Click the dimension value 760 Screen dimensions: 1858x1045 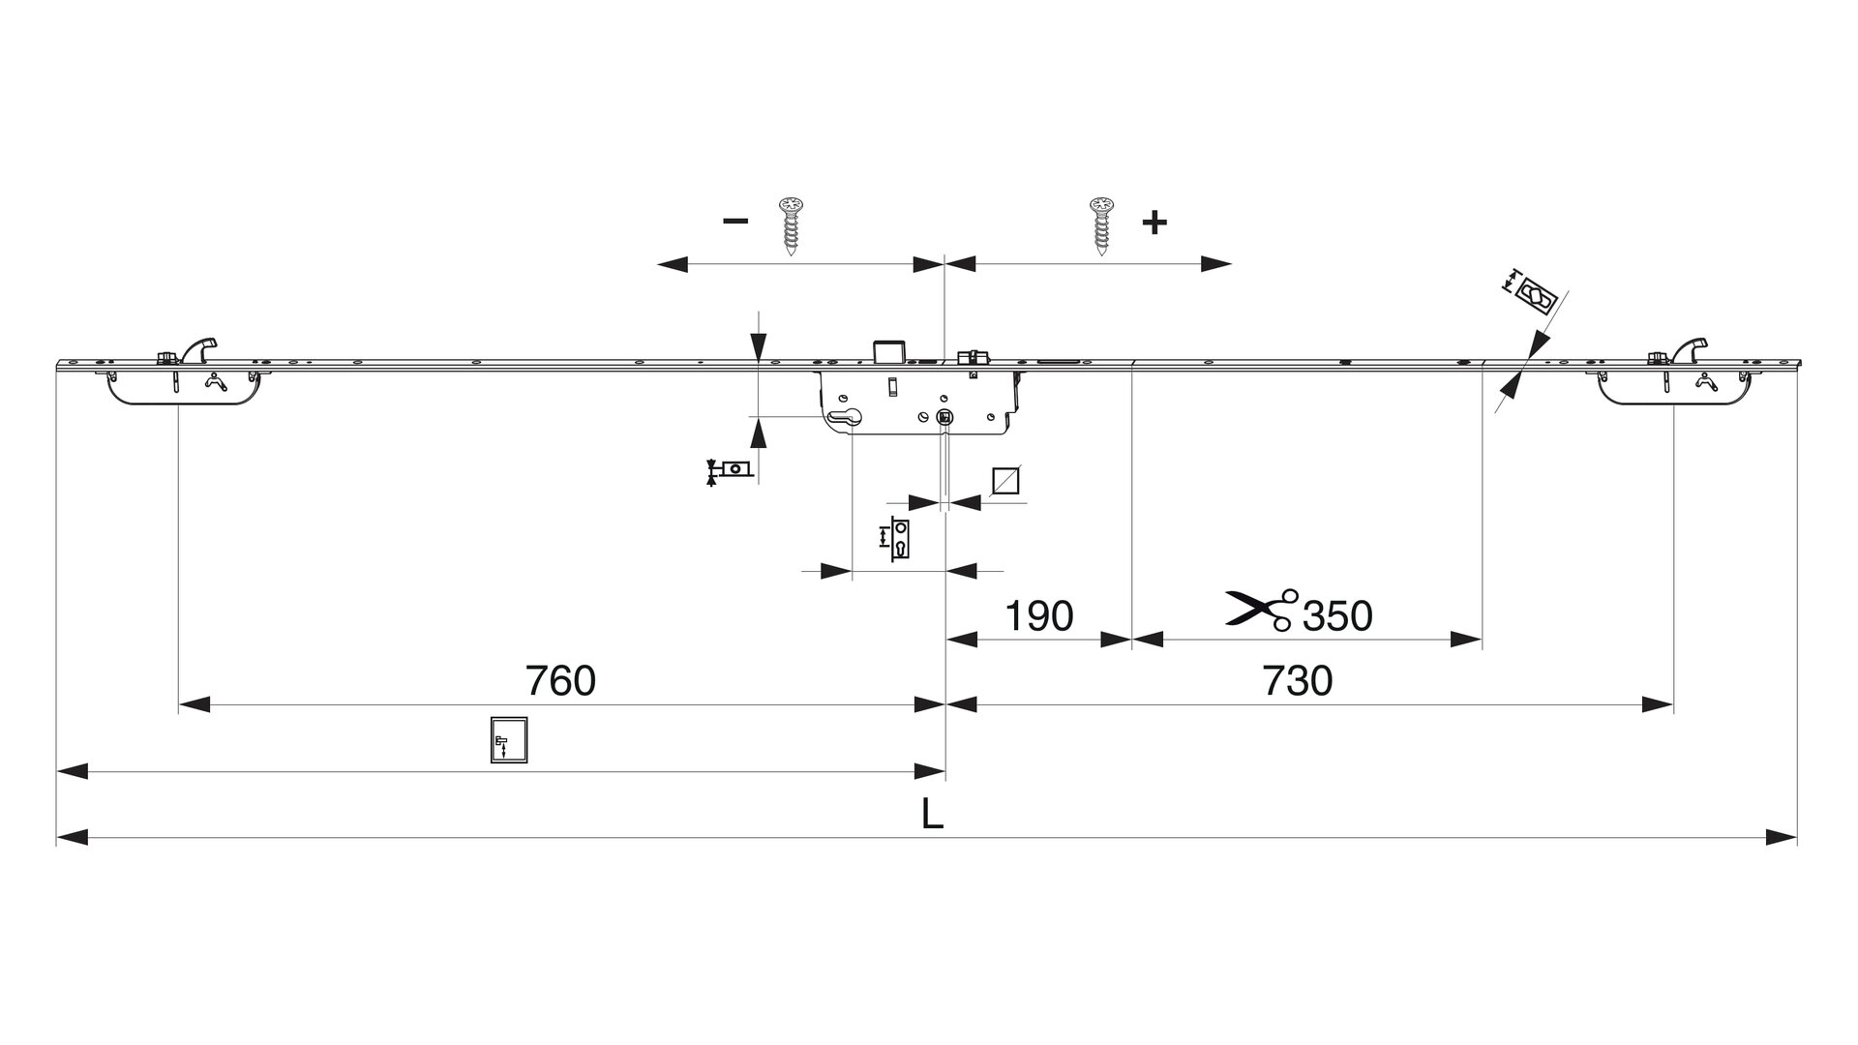click(560, 681)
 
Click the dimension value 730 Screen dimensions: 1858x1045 click(1297, 681)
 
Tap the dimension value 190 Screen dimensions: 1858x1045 click(1038, 615)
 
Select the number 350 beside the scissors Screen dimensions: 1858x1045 click(1337, 615)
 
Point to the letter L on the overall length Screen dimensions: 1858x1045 click(932, 815)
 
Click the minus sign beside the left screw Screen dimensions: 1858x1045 click(735, 221)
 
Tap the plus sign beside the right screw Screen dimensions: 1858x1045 click(1154, 223)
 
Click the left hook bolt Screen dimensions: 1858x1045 click(200, 347)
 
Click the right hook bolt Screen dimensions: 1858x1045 click(1691, 347)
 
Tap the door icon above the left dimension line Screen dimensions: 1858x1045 click(509, 741)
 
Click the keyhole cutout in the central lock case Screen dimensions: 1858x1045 click(845, 417)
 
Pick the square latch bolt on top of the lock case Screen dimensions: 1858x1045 click(888, 350)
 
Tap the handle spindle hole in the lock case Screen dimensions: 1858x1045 click(944, 417)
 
